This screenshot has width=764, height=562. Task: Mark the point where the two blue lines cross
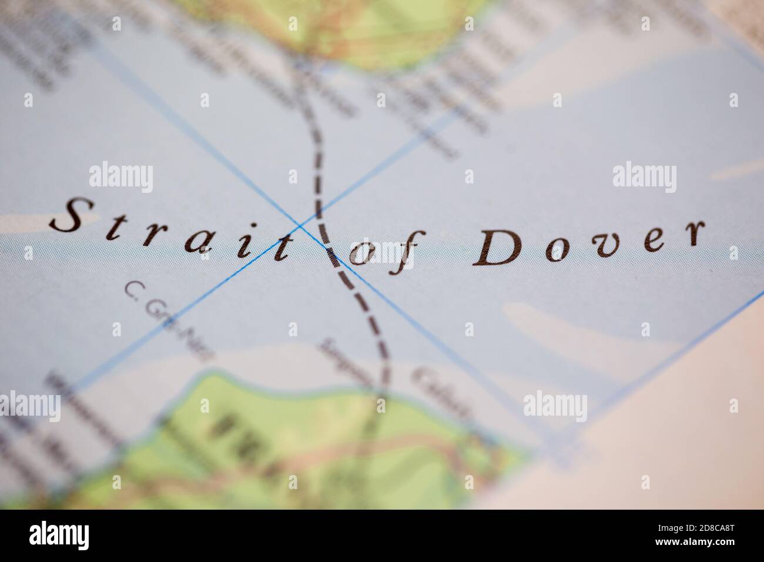click(x=300, y=225)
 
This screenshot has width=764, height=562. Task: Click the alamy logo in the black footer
click(x=59, y=536)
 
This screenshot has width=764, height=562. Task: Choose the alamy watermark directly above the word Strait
click(x=121, y=178)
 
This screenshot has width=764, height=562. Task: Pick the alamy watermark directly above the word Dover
click(x=644, y=178)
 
